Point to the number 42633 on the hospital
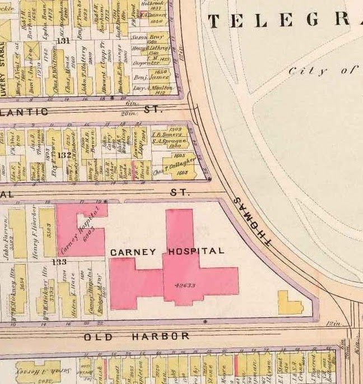(x=185, y=285)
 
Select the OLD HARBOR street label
(x=137, y=336)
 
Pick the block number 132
(x=65, y=155)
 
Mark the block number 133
(x=59, y=261)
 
